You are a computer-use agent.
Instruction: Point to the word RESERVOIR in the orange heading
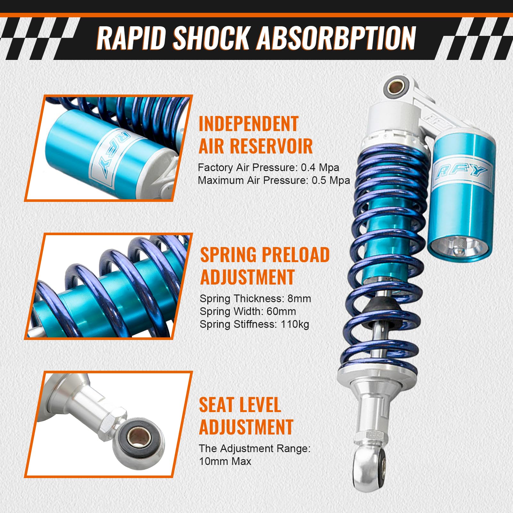(x=271, y=146)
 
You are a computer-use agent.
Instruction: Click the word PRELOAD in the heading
(x=297, y=255)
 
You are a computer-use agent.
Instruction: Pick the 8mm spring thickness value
(x=299, y=299)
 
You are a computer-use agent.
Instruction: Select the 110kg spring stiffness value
(x=295, y=324)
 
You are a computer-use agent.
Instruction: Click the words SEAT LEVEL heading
(x=240, y=405)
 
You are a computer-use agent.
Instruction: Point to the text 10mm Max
(x=225, y=461)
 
